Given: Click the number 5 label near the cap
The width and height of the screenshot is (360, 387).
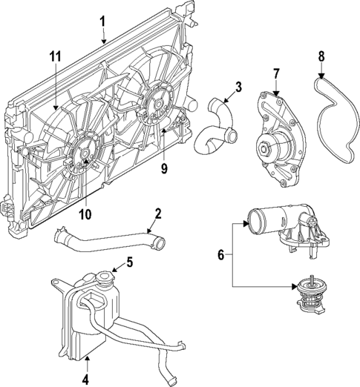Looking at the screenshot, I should (x=129, y=261).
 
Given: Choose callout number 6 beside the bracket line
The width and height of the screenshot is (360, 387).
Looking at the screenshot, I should (x=220, y=254).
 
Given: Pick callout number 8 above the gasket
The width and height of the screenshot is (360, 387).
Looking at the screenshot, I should (x=321, y=56).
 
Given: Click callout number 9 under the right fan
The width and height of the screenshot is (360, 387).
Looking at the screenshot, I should (x=164, y=168).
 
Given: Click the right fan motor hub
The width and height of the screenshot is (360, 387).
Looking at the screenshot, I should (x=154, y=106).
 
